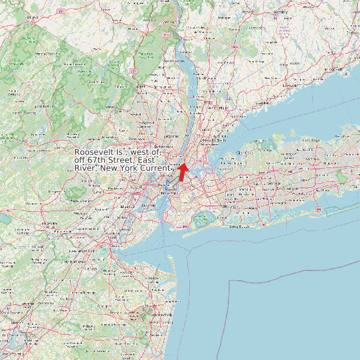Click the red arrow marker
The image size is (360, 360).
pyautogui.click(x=183, y=170)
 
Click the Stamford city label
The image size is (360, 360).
pyautogui.click(x=262, y=104)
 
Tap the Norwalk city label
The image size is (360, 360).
pyautogui.click(x=290, y=86)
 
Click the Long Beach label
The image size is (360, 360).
pyautogui.click(x=238, y=226)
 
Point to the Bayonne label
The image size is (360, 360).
pyautogui.click(x=148, y=207)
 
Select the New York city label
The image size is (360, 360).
pyautogui.click(x=164, y=193)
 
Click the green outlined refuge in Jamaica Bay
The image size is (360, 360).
pyautogui.click(x=201, y=219)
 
